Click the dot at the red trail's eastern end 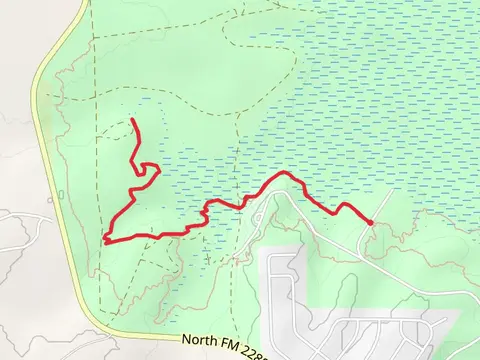tap(370, 222)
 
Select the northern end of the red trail tap(133, 121)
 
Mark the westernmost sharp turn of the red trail tap(105, 239)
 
